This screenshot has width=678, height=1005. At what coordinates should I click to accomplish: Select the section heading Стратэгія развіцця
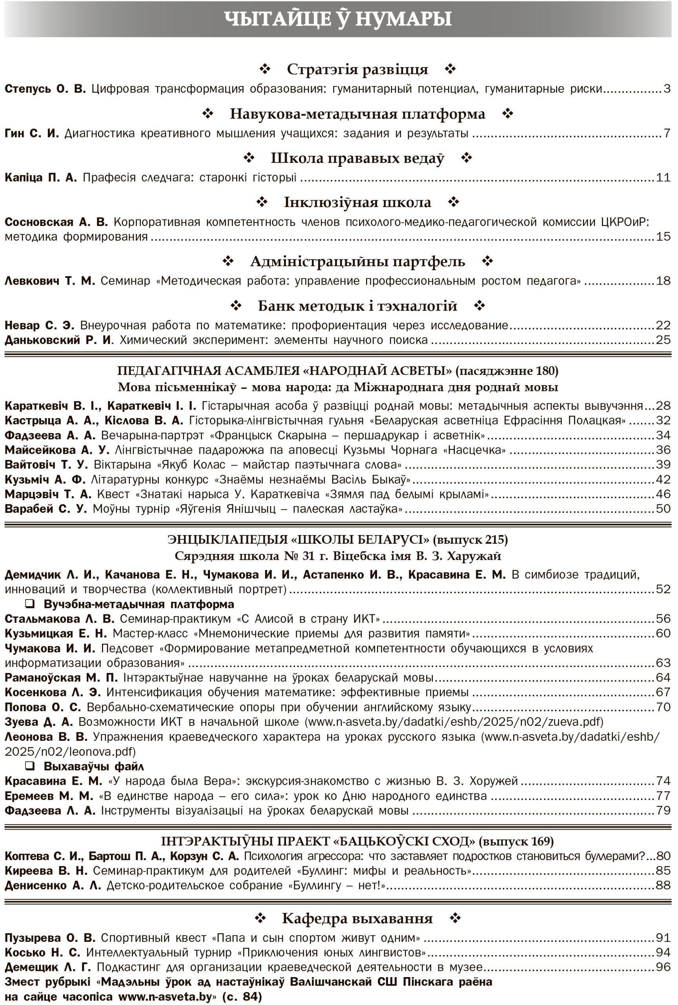coord(357,69)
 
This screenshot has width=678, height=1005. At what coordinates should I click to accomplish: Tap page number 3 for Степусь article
coord(667,89)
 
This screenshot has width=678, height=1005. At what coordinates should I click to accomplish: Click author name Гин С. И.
coord(31,133)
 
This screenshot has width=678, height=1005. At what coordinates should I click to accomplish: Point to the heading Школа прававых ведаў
coord(357,158)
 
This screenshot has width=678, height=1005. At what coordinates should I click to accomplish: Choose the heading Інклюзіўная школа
coord(357,203)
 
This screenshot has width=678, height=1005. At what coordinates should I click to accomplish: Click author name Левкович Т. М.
coord(50,281)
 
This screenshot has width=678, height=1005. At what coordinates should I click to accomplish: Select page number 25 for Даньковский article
coord(663,340)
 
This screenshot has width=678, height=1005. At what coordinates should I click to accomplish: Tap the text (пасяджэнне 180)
coord(507,371)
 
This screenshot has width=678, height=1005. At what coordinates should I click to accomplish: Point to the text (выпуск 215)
coord(470,540)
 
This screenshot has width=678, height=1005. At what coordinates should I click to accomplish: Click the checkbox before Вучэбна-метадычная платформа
coord(30,604)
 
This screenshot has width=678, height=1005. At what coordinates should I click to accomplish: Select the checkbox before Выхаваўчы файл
coord(30,766)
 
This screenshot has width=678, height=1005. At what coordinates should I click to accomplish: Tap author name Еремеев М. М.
coord(49,796)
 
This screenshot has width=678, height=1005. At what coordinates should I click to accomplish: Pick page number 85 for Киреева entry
coord(663,870)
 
